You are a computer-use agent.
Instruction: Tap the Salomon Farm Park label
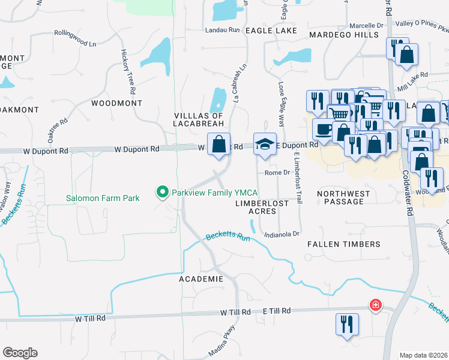pyautogui.click(x=103, y=198)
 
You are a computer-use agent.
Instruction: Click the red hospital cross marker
pyautogui.click(x=376, y=305)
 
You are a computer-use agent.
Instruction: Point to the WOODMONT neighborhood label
pyautogui.click(x=116, y=103)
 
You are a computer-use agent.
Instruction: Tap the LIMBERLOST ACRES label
pyautogui.click(x=261, y=207)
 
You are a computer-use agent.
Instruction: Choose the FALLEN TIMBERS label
pyautogui.click(x=344, y=244)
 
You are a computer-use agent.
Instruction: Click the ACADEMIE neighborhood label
pyautogui.click(x=201, y=280)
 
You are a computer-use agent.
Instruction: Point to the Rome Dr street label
pyautogui.click(x=278, y=173)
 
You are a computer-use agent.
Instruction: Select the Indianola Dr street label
pyautogui.click(x=281, y=234)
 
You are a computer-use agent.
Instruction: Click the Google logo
pyautogui.click(x=20, y=353)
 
